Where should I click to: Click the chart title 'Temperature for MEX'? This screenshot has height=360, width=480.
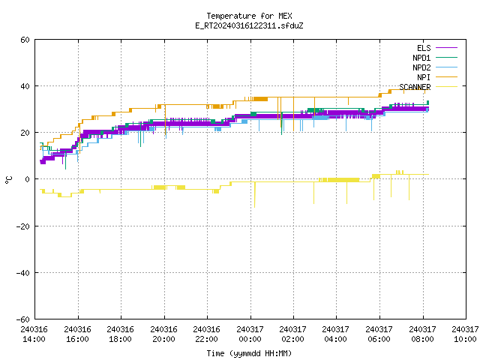point(249,16)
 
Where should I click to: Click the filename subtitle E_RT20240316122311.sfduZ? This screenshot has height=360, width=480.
point(249,25)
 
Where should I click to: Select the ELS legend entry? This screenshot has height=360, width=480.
point(437,48)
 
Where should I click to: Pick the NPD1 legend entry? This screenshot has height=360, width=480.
point(435,58)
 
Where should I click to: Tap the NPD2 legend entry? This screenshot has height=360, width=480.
point(435,67)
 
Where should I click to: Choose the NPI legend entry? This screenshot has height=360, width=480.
point(437,77)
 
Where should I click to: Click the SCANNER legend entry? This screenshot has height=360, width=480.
point(428,87)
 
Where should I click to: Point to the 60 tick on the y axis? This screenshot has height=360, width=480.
point(25,40)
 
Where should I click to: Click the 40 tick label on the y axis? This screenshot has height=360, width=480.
point(25,86)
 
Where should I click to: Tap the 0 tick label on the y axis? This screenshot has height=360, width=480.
point(28,179)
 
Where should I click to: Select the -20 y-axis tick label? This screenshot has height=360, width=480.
point(23,226)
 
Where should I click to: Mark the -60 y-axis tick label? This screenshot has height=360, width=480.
point(23,319)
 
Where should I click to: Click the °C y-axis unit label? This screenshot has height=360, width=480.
point(8,180)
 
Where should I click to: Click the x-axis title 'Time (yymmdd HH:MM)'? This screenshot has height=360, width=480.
point(249,353)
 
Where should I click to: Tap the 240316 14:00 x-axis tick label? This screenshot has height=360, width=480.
point(34,334)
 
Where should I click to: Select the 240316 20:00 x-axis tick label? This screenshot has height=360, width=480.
point(163,334)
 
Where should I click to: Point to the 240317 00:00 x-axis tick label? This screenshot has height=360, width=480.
point(250,334)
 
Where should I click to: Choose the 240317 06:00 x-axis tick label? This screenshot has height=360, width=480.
point(379,334)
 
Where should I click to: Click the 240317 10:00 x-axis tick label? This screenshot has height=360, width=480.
point(465,334)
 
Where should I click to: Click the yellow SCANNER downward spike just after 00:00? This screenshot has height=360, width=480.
point(255,195)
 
